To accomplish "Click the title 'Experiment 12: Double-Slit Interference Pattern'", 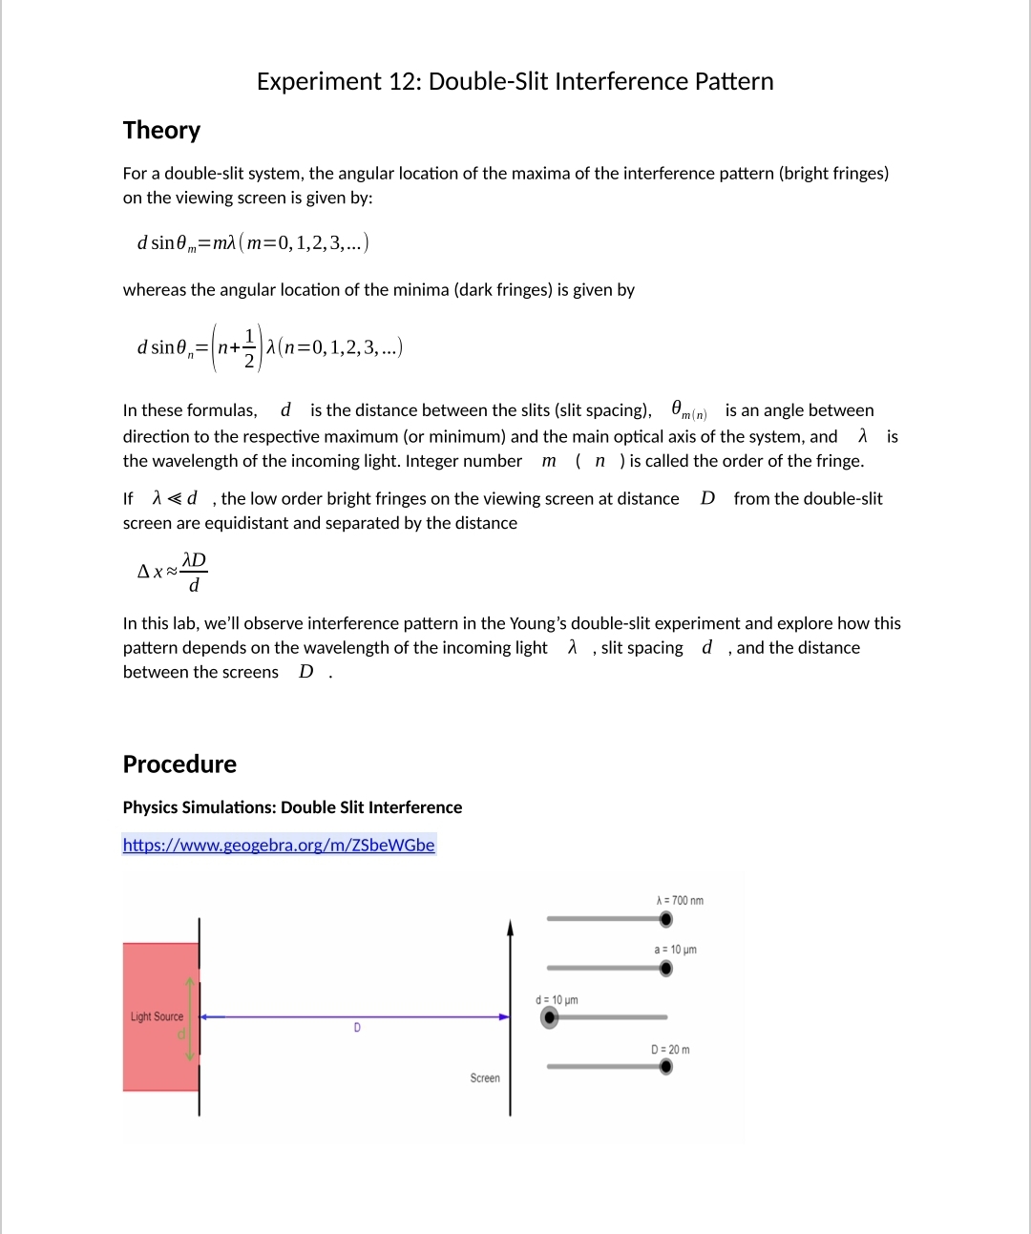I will pyautogui.click(x=515, y=81).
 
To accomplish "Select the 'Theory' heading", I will pyautogui.click(x=161, y=130).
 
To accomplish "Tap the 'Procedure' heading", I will pyautogui.click(x=179, y=763).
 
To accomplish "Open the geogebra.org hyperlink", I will pyautogui.click(x=279, y=845).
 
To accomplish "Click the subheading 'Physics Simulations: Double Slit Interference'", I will pyautogui.click(x=292, y=807).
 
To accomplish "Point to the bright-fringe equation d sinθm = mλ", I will pyautogui.click(x=252, y=242).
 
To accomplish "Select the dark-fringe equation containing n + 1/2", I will pyautogui.click(x=269, y=347).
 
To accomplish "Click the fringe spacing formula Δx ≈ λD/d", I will pyautogui.click(x=173, y=572).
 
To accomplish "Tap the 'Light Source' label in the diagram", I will pyautogui.click(x=157, y=1016).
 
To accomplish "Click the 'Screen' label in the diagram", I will pyautogui.click(x=484, y=1077).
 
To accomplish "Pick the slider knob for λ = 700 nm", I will pyautogui.click(x=665, y=919).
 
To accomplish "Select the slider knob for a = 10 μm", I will pyautogui.click(x=665, y=969).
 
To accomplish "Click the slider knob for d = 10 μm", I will pyautogui.click(x=549, y=1017).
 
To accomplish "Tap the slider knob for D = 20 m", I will pyautogui.click(x=665, y=1066).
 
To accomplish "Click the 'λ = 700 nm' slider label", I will pyautogui.click(x=680, y=901).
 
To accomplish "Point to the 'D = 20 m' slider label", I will pyautogui.click(x=670, y=1049).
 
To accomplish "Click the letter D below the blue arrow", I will pyautogui.click(x=357, y=1028).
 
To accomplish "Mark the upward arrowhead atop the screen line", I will pyautogui.click(x=510, y=928).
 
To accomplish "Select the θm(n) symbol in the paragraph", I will pyautogui.click(x=688, y=410).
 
